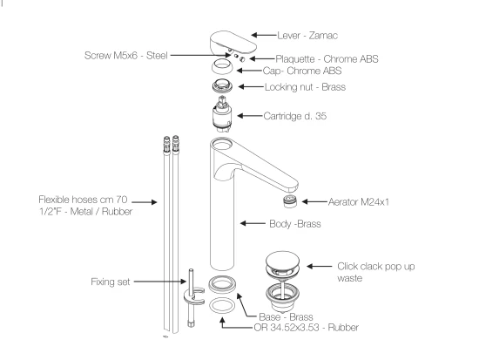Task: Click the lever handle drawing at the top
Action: pyautogui.click(x=233, y=43)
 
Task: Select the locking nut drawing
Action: pyautogui.click(x=222, y=86)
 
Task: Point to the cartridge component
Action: pyautogui.click(x=222, y=114)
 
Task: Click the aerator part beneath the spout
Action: pyautogui.click(x=290, y=201)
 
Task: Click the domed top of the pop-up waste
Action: pyautogui.click(x=282, y=261)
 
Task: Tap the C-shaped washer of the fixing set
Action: pyautogui.click(x=186, y=297)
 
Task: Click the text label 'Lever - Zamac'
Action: pyautogui.click(x=307, y=36)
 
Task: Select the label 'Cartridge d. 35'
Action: pyautogui.click(x=294, y=116)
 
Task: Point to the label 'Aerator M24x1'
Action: pyautogui.click(x=359, y=202)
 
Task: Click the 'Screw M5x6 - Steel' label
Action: pyautogui.click(x=126, y=56)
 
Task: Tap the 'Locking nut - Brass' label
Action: pyautogui.click(x=305, y=87)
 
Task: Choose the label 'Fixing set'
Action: pyautogui.click(x=111, y=282)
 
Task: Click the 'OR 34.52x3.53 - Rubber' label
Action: pyautogui.click(x=306, y=328)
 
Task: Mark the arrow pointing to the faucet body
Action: pyautogui.click(x=253, y=223)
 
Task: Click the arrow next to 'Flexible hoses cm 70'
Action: pyautogui.click(x=145, y=202)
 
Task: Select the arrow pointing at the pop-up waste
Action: pyautogui.click(x=320, y=267)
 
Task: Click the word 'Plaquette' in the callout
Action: pyautogui.click(x=295, y=58)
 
